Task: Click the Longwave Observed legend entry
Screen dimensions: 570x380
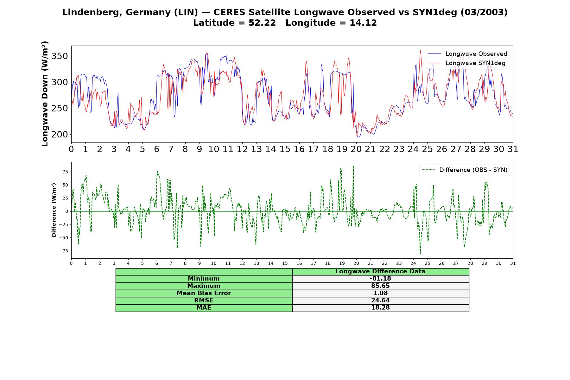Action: coord(467,54)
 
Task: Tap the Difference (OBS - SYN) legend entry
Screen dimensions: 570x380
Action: coord(465,170)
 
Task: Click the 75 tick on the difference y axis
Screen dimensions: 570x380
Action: coord(65,172)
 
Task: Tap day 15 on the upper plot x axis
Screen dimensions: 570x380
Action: coord(285,149)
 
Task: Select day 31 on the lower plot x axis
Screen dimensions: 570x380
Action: coord(513,263)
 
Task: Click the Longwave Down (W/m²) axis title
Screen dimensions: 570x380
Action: coord(45,94)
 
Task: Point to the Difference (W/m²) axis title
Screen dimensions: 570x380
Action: coord(54,210)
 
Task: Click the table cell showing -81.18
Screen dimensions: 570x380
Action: coord(380,279)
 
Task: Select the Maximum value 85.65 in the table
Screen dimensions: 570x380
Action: coord(380,286)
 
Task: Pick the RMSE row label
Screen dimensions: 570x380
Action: coord(204,301)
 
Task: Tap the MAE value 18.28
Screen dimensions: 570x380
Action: coord(380,308)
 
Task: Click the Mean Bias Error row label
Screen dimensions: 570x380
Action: coord(204,293)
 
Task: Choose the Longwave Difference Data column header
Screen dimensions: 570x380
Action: coord(380,271)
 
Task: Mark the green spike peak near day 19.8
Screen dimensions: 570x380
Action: coord(353,166)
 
